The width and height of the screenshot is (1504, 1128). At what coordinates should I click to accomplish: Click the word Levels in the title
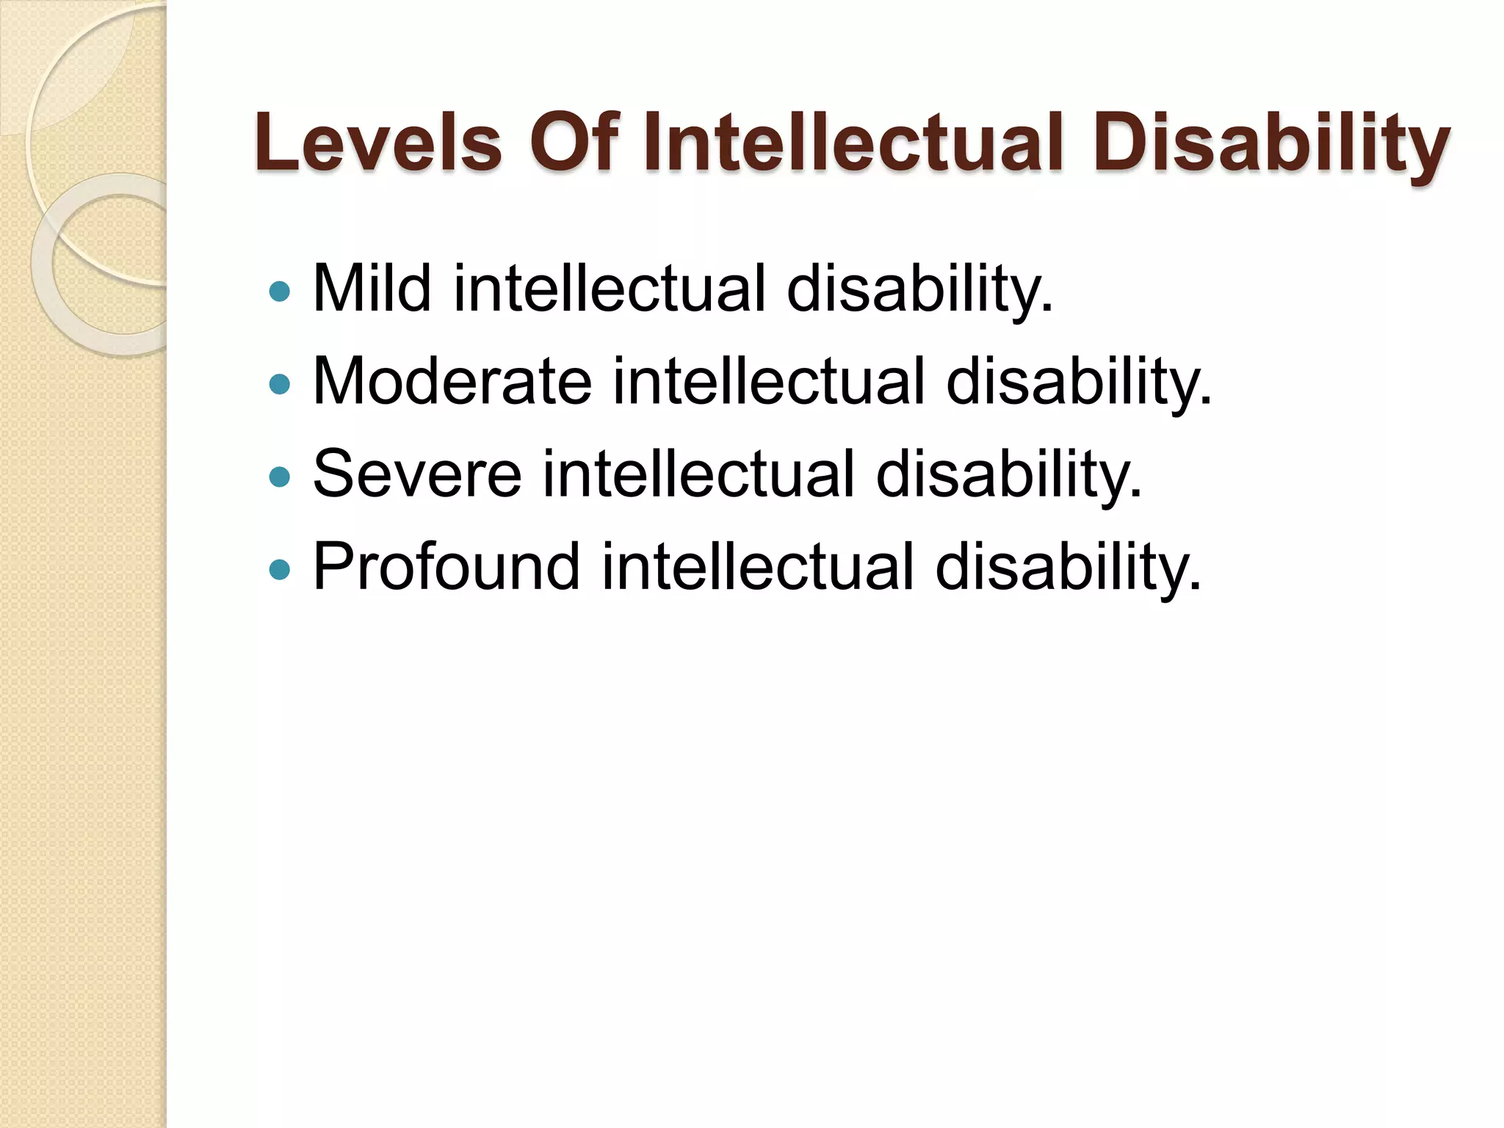(x=378, y=143)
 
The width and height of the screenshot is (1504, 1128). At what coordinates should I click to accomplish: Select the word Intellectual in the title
(x=853, y=143)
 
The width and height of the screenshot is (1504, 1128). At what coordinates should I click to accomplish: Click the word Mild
(x=372, y=289)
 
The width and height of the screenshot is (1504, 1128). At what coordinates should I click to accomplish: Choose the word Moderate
(x=452, y=381)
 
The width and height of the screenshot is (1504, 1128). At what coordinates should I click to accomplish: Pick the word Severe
(x=417, y=474)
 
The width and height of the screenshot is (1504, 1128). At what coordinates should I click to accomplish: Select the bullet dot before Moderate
(x=280, y=384)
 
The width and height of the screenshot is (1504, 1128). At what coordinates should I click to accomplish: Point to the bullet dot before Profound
(x=280, y=569)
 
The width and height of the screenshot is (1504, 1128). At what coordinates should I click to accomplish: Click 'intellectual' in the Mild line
(x=610, y=289)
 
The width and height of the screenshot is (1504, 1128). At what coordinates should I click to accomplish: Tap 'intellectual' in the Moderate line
(x=768, y=381)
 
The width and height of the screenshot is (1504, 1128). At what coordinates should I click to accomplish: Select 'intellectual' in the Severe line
(x=698, y=474)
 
